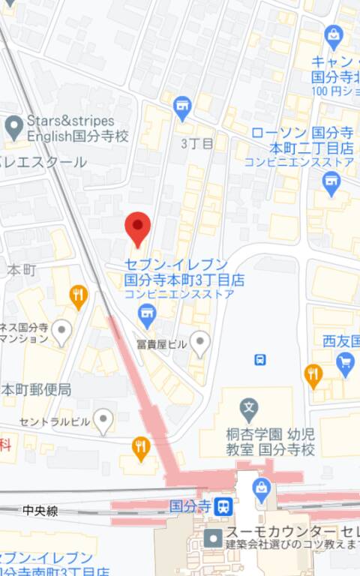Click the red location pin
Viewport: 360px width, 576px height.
click(137, 227)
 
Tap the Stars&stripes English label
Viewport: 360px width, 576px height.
click(70, 128)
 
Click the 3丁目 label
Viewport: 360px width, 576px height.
click(197, 142)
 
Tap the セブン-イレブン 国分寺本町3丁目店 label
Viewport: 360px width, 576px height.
click(184, 272)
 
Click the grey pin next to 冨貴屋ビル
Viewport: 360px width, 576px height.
click(199, 344)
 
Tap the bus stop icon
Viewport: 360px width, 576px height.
click(259, 359)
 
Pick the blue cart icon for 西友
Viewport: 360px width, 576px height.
click(345, 364)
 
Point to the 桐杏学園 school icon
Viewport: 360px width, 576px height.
click(249, 409)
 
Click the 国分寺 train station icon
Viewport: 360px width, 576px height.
click(222, 506)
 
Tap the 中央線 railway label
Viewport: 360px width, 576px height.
click(40, 511)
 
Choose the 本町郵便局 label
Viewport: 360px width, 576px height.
click(36, 390)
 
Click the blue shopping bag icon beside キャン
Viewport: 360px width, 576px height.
click(334, 35)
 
